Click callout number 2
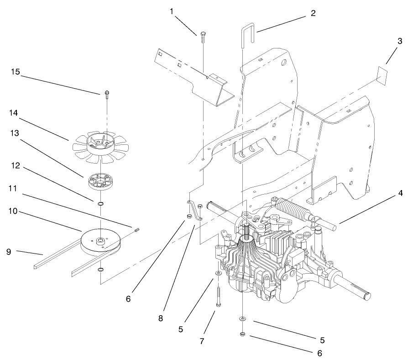point(313,13)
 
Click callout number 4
point(400,193)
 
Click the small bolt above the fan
point(106,94)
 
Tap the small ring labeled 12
point(100,203)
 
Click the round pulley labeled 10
point(99,240)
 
